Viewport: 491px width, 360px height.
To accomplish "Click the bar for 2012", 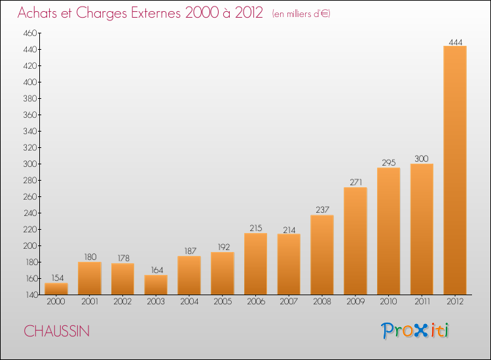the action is point(455,170).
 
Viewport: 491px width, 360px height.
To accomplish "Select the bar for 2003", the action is point(156,285).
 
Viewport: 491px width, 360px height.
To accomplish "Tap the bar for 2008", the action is point(322,255).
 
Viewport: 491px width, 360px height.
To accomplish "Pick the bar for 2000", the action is point(56,289).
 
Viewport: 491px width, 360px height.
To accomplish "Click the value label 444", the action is point(455,42).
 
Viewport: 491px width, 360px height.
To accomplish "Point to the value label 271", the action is point(355,182).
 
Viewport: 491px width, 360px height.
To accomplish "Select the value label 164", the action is point(157,270).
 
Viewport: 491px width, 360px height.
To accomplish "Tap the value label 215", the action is point(256,228).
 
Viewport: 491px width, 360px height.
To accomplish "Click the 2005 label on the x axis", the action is point(223,301).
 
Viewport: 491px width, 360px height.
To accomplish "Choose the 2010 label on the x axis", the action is point(389,301).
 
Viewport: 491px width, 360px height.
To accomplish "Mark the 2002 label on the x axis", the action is point(122,301).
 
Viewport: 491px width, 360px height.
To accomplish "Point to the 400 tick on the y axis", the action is point(30,82).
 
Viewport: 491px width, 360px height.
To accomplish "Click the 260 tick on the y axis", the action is point(30,196).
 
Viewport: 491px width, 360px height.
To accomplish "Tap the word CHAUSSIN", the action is point(57,331).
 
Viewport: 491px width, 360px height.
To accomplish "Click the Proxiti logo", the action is point(415,331).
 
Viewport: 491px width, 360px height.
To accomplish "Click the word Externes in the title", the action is point(156,12).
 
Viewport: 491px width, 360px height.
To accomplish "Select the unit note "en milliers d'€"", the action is point(301,14).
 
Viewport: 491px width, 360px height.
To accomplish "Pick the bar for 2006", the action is point(255,264).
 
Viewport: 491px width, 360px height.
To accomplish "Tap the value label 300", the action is point(422,158).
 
